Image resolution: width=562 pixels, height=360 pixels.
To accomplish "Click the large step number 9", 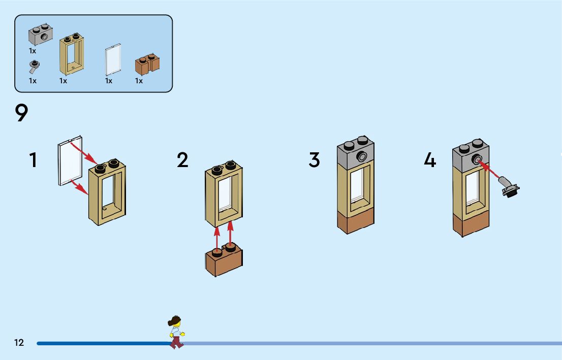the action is coord(21,113).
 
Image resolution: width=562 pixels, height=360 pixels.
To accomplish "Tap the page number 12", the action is coord(19,343).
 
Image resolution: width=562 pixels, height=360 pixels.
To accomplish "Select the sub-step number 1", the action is coord(34,160).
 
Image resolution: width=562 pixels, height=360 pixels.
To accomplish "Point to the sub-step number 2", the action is coord(182,160).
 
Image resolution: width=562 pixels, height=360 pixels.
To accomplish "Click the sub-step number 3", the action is coord(315,160).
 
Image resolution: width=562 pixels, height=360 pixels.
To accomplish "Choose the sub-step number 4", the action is coord(430,160).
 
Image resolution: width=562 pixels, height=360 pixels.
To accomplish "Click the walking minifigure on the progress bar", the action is coord(176,332).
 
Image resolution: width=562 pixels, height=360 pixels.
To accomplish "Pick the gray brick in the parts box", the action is coord(41,34).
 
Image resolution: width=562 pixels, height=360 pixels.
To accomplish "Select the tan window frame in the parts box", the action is coord(72,54).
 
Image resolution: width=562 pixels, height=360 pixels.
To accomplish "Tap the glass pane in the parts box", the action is coord(112,59).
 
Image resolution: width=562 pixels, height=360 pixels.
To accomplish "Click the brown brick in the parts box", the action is coord(147,64).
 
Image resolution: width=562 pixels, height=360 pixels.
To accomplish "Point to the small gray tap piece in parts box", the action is coord(35,66).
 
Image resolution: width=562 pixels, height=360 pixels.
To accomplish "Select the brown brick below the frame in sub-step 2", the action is coord(224,260).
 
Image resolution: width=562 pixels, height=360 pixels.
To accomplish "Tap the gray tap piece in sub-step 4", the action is coord(509,186).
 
